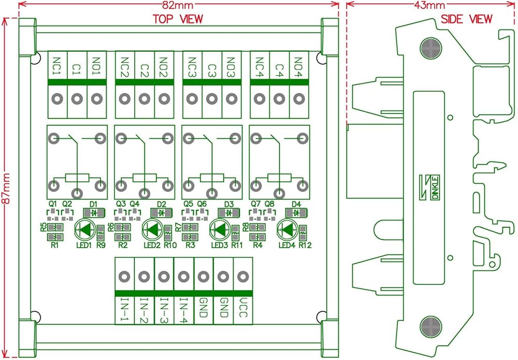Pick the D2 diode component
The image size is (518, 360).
coord(162,212)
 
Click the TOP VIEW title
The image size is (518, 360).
coord(177,19)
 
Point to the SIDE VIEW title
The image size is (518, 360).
coord(466,19)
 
